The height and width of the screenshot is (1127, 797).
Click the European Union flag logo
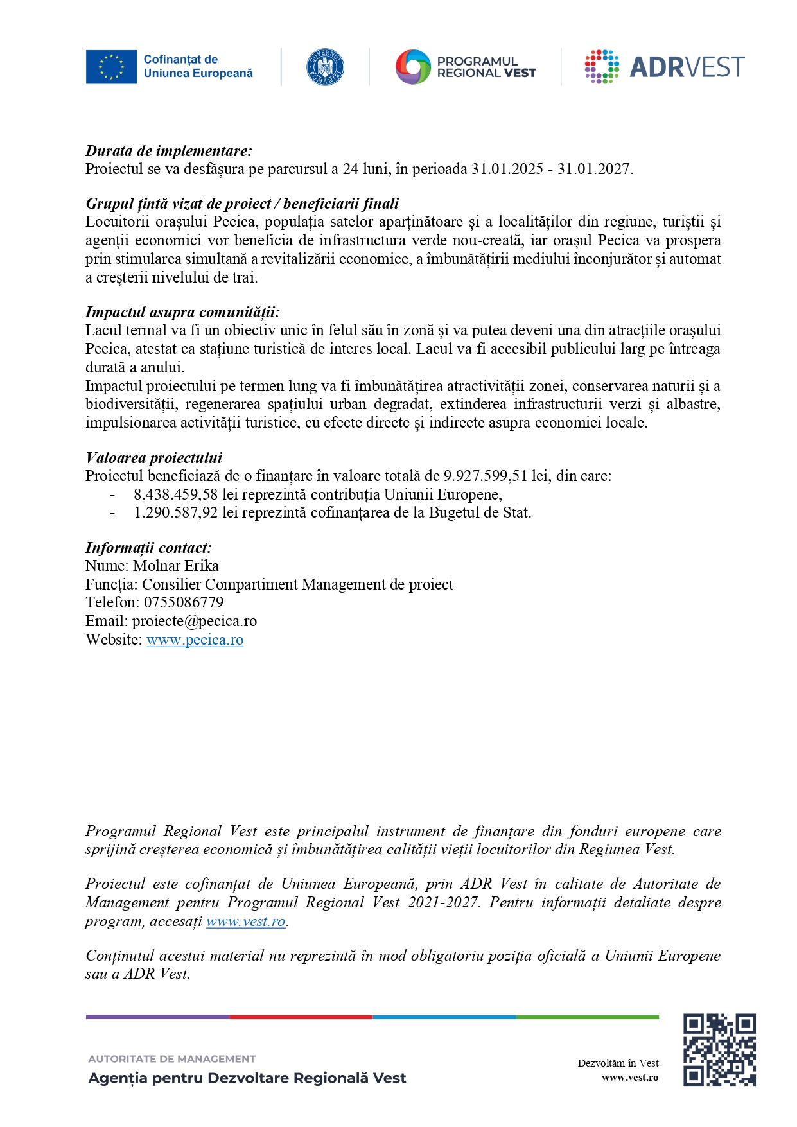pos(111,67)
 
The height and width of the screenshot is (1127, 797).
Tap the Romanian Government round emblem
pos(325,67)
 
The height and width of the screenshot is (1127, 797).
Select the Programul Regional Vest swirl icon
pos(412,67)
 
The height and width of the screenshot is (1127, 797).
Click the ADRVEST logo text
pos(687,67)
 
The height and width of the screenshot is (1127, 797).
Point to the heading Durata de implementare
pos(169,152)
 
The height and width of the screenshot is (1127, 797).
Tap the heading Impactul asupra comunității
pos(182,313)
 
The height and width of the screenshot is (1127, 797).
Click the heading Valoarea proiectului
pos(154,459)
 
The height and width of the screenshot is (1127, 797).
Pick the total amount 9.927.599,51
pos(486,476)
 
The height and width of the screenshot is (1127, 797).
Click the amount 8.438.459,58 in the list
pos(176,495)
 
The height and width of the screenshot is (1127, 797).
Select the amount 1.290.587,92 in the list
pos(176,513)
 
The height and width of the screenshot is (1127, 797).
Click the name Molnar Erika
pos(176,566)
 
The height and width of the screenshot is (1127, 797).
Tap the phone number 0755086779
pos(184,603)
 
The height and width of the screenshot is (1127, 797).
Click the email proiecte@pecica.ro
pos(195,622)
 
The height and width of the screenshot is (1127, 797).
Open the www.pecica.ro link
pos(195,640)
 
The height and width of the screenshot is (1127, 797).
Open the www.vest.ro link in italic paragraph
pos(245,922)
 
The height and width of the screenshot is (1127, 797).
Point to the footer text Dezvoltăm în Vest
pos(618,1063)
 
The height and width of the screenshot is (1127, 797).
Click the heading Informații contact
pos(148,548)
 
